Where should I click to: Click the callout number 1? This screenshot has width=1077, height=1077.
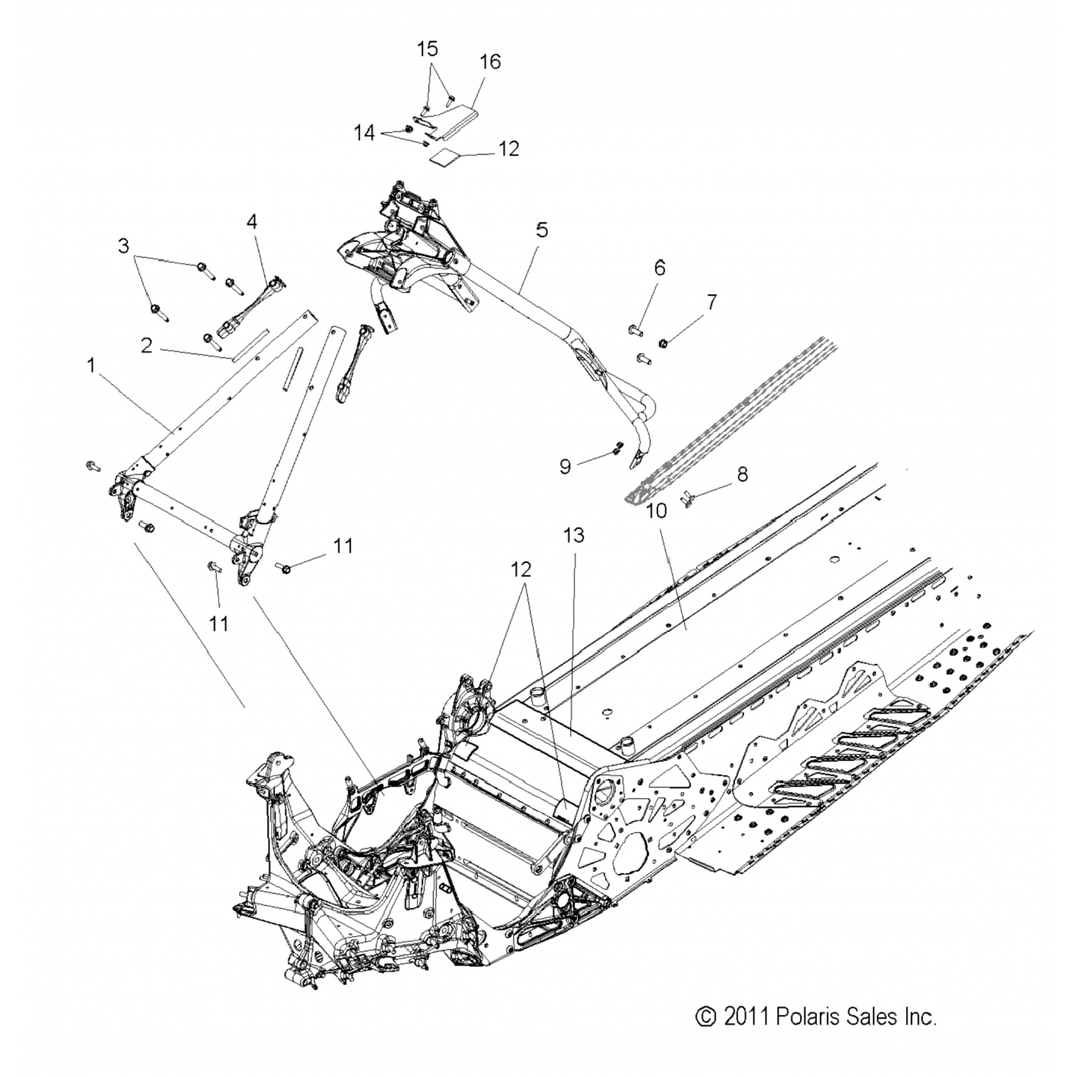pyautogui.click(x=91, y=365)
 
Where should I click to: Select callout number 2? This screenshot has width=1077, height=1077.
pyautogui.click(x=146, y=345)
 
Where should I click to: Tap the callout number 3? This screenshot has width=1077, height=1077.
pyautogui.click(x=123, y=246)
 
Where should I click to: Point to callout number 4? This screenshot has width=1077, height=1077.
pyautogui.click(x=251, y=222)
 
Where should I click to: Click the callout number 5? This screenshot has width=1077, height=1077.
pyautogui.click(x=541, y=230)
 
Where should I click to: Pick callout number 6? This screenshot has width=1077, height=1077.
pyautogui.click(x=659, y=268)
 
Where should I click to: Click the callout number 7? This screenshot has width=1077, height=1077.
pyautogui.click(x=711, y=302)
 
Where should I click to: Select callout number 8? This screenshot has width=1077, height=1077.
pyautogui.click(x=742, y=473)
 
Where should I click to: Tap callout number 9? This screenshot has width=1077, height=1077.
pyautogui.click(x=565, y=467)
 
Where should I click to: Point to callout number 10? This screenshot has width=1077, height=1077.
pyautogui.click(x=656, y=510)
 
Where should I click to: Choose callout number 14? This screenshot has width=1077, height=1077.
pyautogui.click(x=364, y=133)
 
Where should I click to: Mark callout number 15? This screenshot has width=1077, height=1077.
pyautogui.click(x=427, y=49)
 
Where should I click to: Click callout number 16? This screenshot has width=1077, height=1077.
pyautogui.click(x=490, y=62)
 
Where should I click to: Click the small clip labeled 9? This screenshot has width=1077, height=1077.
pyautogui.click(x=615, y=449)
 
